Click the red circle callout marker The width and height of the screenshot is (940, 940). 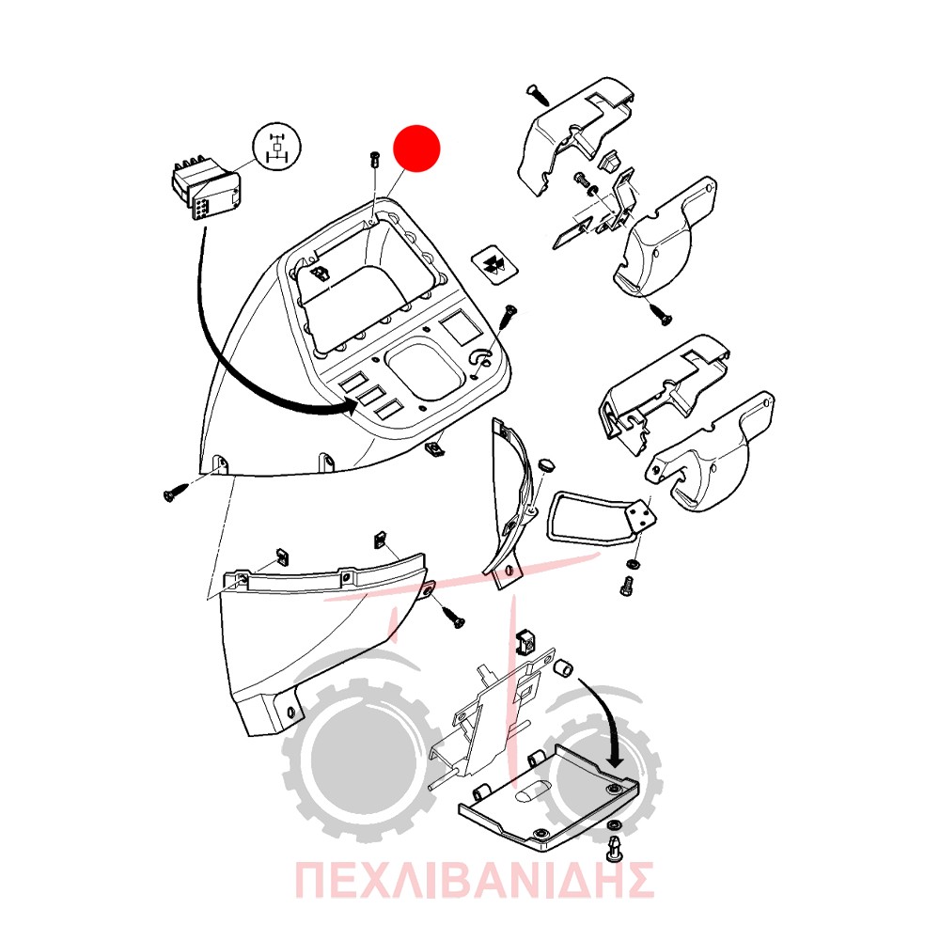coord(416,149)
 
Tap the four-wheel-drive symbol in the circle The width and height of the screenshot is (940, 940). coord(277,147)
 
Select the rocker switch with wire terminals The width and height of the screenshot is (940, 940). coord(206,188)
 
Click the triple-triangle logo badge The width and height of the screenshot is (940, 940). coord(495,264)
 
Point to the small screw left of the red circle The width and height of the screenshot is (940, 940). coord(375,160)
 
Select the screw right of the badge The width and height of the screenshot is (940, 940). coord(509,314)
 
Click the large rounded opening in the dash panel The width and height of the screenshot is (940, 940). coord(425,368)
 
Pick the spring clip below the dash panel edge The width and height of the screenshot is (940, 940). coord(436,448)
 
